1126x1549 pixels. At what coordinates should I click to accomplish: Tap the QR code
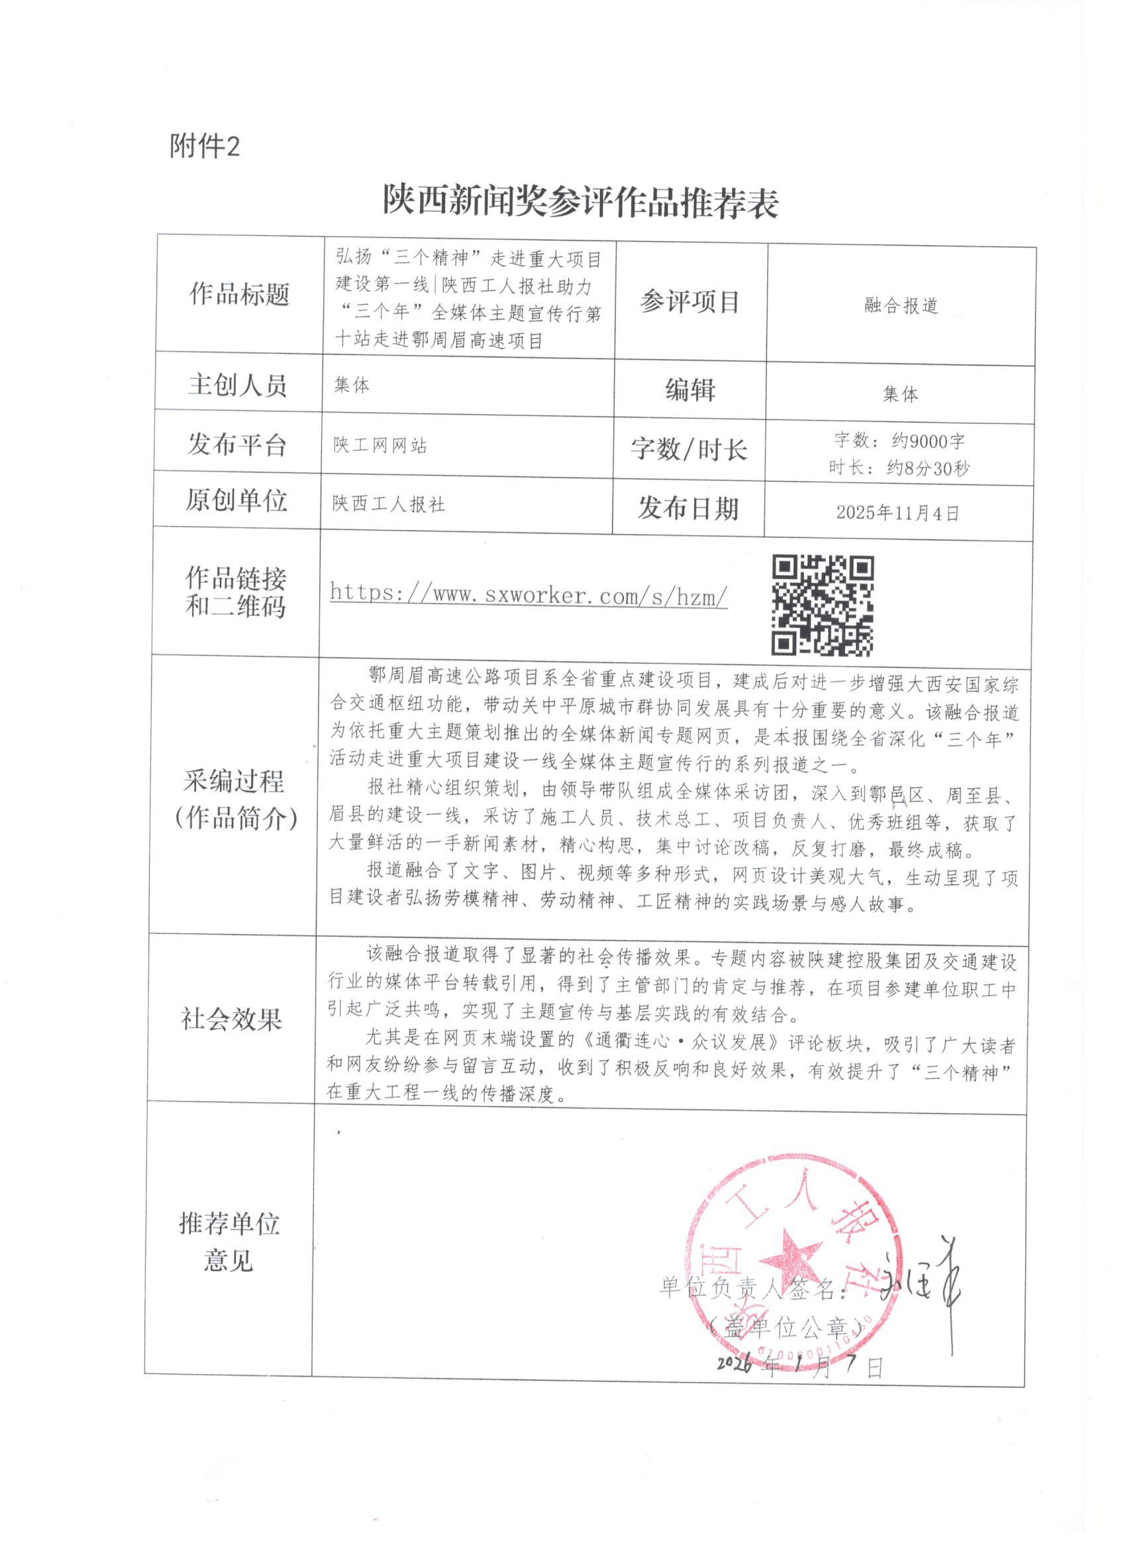point(822,605)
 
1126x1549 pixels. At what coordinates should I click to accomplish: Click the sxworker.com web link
point(529,594)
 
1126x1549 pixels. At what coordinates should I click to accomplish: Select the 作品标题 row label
point(240,295)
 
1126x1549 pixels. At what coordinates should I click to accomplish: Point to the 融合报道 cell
point(901,305)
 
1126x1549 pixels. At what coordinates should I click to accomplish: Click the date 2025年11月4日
point(898,513)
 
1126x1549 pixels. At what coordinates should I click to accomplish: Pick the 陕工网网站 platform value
point(380,446)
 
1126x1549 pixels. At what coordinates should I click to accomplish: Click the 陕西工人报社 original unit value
point(389,504)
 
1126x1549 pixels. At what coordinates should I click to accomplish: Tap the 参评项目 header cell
point(690,302)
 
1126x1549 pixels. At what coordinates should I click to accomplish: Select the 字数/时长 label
point(688,449)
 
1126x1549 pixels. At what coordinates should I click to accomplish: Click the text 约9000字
point(928,441)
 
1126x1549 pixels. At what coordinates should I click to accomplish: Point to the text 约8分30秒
point(927,468)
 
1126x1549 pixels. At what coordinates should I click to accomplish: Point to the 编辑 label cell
point(690,390)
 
